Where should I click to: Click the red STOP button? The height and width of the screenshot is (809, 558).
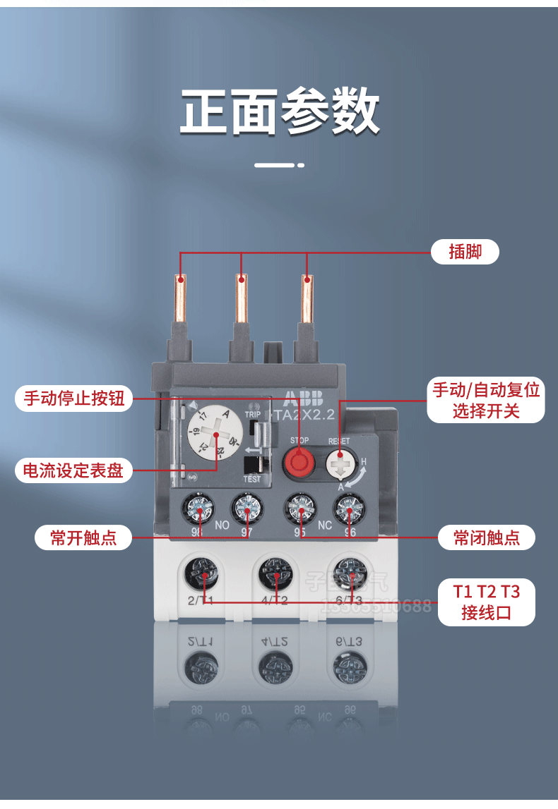[298, 463]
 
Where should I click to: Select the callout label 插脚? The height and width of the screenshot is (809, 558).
[465, 251]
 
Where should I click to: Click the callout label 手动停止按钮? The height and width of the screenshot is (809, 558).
[73, 399]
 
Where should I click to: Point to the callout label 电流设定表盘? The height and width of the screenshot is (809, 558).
[73, 470]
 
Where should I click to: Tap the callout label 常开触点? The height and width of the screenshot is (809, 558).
[83, 539]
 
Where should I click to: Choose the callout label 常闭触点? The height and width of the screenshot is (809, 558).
[487, 539]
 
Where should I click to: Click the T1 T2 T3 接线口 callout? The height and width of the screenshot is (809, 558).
[487, 602]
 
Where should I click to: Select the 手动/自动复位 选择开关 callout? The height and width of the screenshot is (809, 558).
[486, 400]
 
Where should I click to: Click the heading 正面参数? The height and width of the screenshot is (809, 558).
[280, 111]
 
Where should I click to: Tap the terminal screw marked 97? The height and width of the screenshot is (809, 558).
[246, 508]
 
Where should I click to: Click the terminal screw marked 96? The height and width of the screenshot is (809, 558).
[348, 508]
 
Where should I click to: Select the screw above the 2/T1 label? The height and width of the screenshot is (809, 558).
[201, 571]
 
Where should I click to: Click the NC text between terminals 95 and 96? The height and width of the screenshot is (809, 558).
[325, 525]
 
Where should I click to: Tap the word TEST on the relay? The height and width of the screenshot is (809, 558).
[252, 479]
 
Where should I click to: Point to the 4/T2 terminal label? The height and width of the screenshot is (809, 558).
[275, 600]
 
